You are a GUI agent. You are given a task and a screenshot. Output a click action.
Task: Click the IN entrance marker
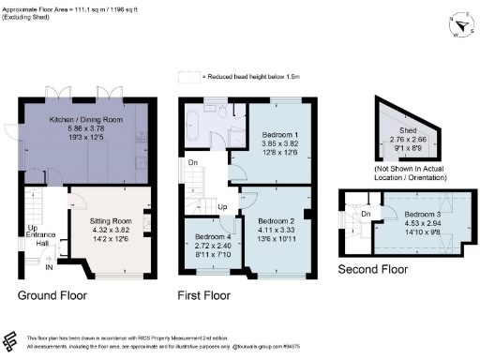point(51,267)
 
